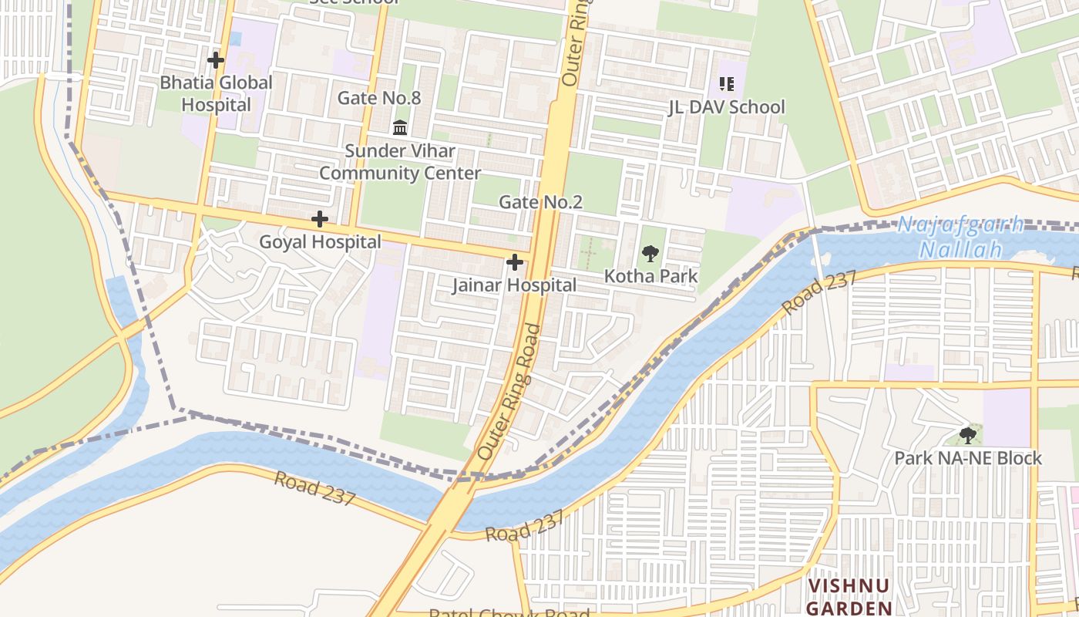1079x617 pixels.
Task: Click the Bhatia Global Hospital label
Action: point(216,93)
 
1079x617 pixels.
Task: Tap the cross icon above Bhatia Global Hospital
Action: point(216,59)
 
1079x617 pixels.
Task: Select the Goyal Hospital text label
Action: point(320,242)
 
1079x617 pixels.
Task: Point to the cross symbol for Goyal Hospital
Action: point(320,220)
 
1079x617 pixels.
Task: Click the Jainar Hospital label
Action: point(514,285)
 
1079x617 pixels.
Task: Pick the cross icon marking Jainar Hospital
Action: point(514,263)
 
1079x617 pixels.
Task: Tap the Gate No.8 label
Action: point(379,98)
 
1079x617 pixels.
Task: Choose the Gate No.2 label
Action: point(540,202)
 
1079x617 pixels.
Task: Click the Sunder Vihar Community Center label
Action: point(400,162)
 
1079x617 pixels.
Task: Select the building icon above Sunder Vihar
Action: point(400,127)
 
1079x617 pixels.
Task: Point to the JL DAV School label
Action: point(726,107)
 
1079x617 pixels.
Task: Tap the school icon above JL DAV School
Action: point(726,83)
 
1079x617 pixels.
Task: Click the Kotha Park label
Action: point(650,276)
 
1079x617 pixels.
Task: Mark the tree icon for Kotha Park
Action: point(650,253)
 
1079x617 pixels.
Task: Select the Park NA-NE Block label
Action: point(968,458)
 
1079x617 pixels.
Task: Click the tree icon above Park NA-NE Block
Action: point(968,436)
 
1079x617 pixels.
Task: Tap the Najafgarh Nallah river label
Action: point(961,238)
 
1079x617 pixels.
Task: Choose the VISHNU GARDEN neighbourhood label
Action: point(849,597)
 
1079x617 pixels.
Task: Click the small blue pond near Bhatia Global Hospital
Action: point(235,38)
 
